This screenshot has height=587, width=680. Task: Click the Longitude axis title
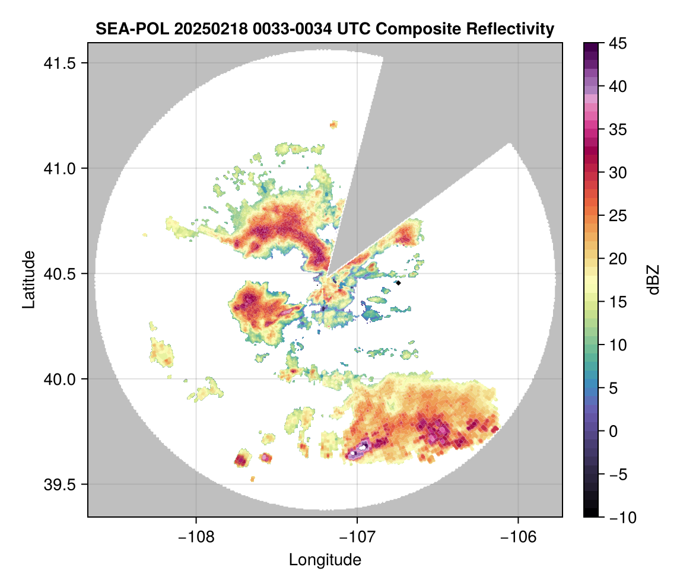[325, 559]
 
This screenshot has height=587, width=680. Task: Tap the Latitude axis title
[28, 279]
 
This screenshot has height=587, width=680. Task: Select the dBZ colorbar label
[653, 279]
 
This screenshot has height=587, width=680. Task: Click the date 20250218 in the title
[195, 28]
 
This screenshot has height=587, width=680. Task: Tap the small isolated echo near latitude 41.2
[333, 125]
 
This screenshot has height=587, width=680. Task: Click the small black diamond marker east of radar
[399, 283]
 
